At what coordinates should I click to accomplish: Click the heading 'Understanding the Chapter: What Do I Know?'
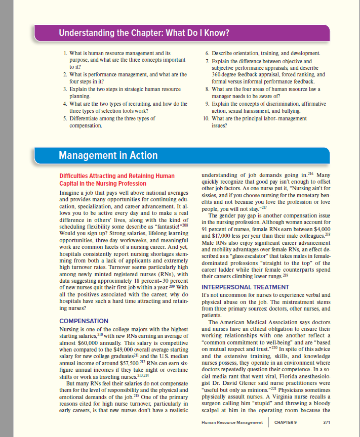[144, 34]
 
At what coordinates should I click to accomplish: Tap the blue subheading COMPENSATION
[84, 321]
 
